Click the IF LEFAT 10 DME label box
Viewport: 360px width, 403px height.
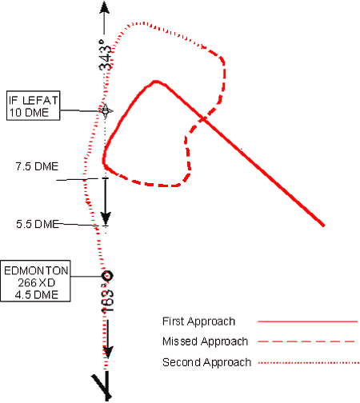pos(34,106)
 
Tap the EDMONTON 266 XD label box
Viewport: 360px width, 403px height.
pos(35,281)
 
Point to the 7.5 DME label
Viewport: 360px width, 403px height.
pos(37,166)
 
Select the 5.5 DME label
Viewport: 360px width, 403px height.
pos(38,224)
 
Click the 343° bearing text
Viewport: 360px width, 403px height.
pos(105,55)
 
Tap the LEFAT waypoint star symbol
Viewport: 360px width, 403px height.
pos(106,111)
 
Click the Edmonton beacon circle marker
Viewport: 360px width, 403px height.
pos(107,276)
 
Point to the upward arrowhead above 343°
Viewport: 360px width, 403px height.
pos(104,7)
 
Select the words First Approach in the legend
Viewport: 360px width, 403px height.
pos(198,321)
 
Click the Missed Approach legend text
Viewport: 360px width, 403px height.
pos(205,341)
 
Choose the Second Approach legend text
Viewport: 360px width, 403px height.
pos(206,362)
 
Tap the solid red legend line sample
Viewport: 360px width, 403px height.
pos(307,321)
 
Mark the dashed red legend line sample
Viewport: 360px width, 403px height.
pos(306,341)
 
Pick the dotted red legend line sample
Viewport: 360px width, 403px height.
pos(309,363)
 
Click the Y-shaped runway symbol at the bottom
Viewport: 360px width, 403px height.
pos(103,386)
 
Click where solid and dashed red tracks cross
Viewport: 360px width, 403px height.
pos(204,118)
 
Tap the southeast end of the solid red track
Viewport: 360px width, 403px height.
pos(324,225)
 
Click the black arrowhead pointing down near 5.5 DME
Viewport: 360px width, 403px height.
pos(106,218)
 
